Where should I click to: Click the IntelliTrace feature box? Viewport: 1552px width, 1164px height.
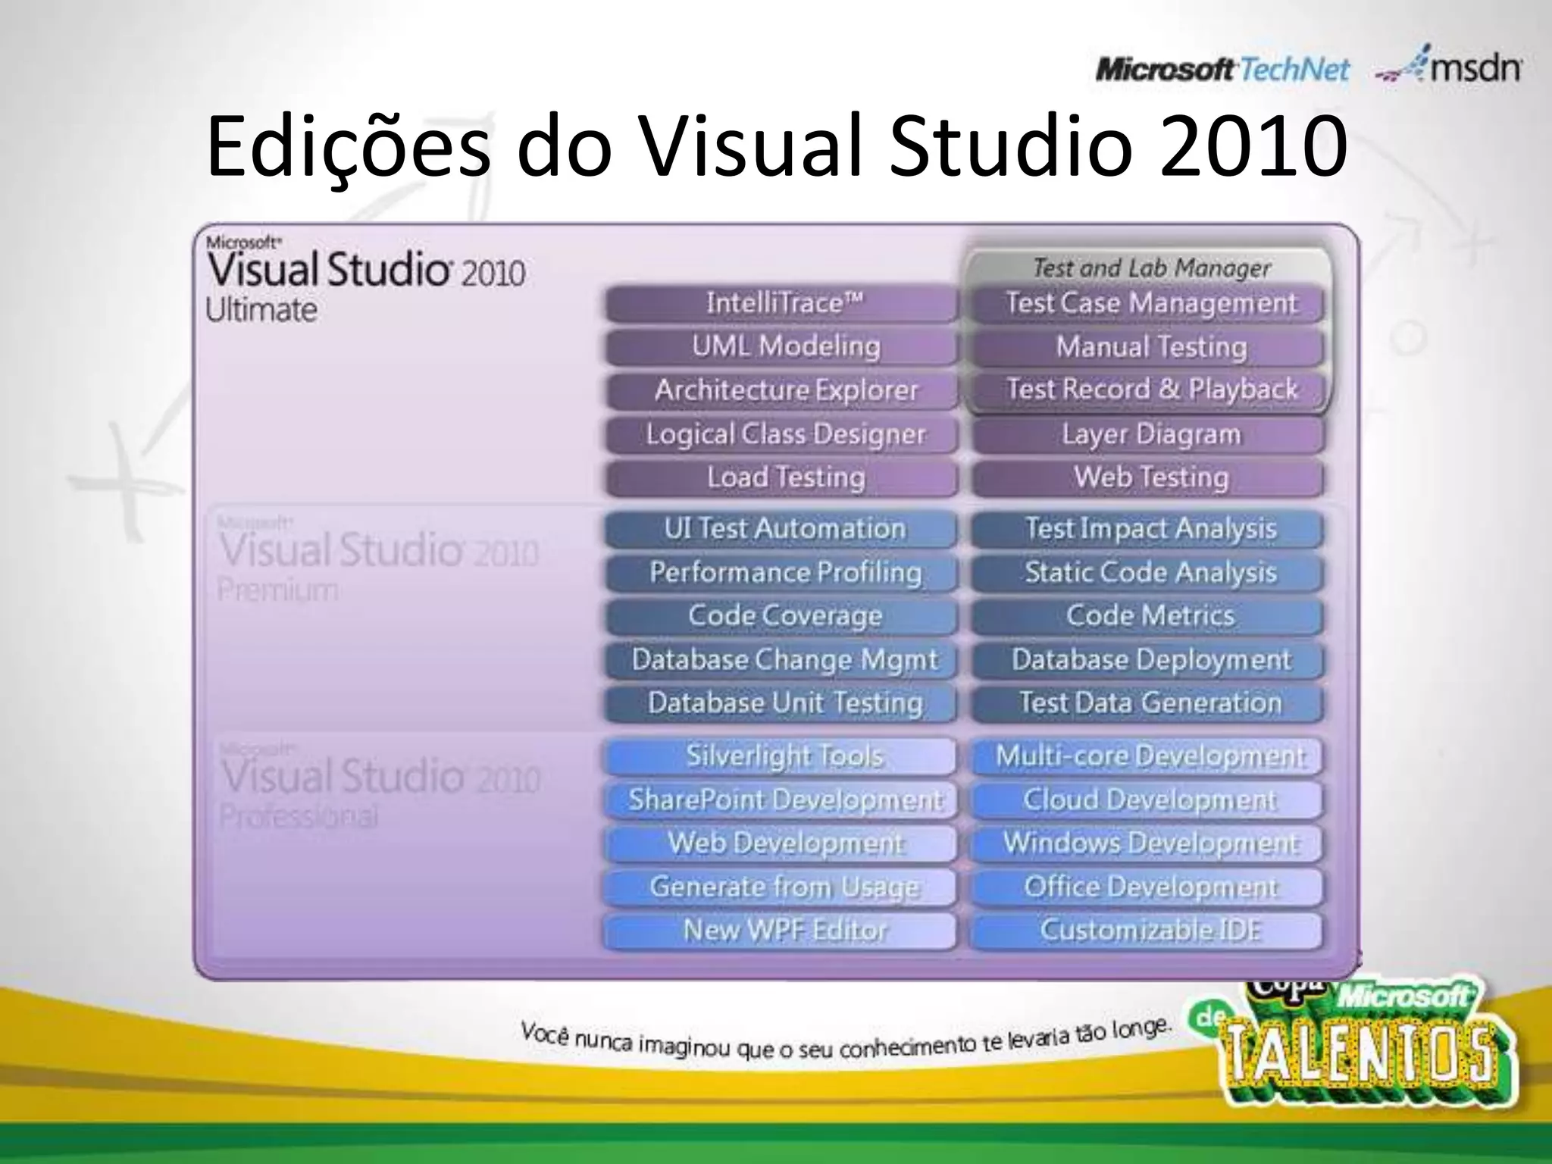point(784,304)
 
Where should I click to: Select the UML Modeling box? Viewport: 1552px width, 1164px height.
point(784,347)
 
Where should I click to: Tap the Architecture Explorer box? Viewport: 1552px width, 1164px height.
point(784,390)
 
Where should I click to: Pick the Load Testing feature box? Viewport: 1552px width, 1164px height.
point(784,477)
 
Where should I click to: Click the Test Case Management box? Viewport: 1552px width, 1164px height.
point(1150,304)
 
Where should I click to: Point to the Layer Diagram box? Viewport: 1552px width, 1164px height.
point(1150,434)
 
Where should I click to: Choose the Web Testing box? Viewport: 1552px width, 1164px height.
point(1150,477)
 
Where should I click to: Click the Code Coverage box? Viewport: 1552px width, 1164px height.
point(784,615)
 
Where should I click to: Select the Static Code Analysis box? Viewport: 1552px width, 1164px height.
point(1150,572)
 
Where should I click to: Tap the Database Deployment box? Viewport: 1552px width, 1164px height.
point(1150,659)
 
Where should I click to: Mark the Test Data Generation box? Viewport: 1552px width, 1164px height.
point(1150,702)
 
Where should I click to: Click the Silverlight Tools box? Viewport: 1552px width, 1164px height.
point(784,756)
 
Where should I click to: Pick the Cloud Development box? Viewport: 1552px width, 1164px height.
point(1150,799)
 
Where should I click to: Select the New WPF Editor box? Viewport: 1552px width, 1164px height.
point(784,930)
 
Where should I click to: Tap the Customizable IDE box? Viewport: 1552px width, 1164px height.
point(1150,930)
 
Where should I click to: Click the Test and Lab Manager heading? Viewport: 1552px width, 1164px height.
point(1150,268)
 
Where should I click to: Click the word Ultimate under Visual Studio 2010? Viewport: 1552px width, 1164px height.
point(261,310)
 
